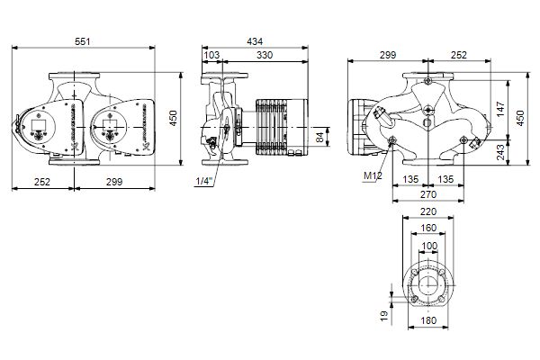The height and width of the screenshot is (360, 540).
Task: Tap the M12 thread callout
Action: pyautogui.click(x=372, y=176)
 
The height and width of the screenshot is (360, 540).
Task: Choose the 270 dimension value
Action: pyautogui.click(x=427, y=193)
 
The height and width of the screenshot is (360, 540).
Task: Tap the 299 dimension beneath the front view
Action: pyautogui.click(x=113, y=183)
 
